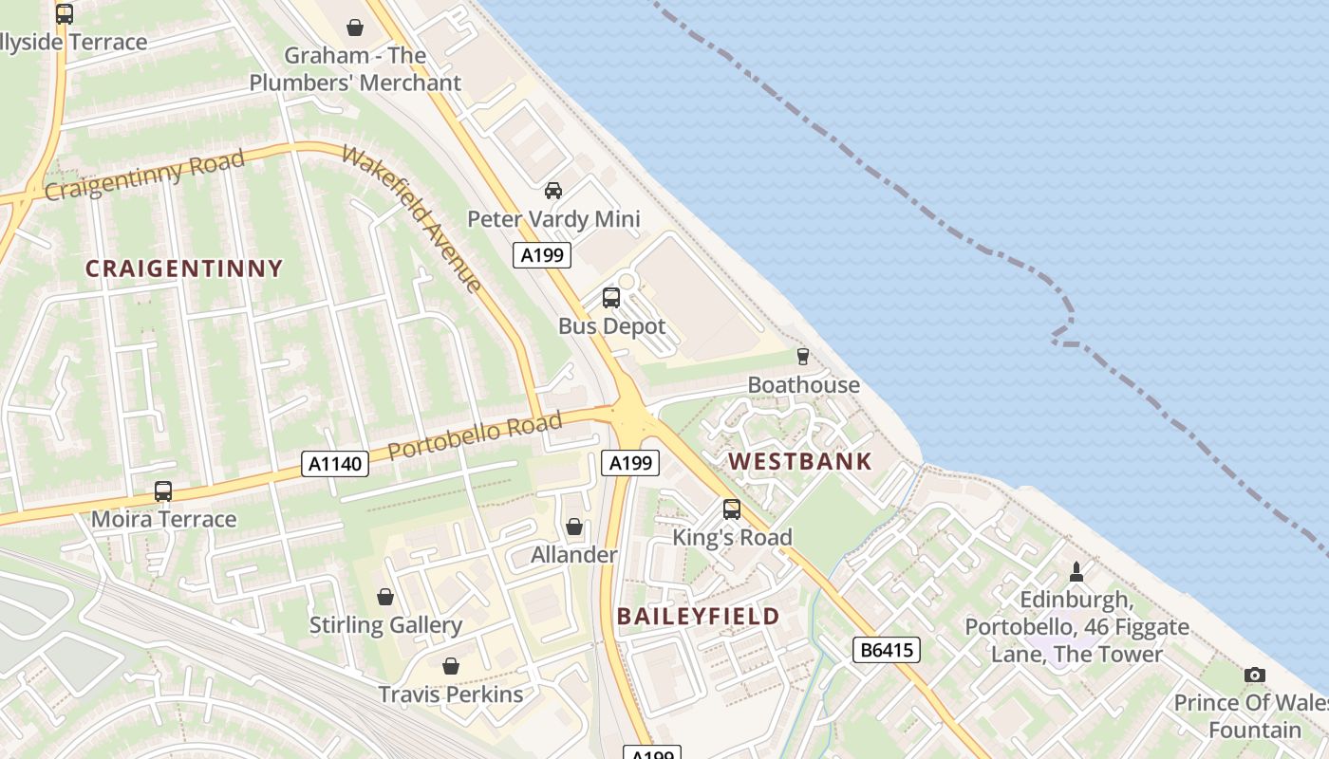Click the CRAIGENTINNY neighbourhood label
184,268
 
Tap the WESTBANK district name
799,462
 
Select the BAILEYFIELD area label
698,616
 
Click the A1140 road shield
334,464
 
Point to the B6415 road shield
887,650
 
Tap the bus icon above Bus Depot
611,298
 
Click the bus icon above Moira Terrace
163,491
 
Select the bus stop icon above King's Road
731,509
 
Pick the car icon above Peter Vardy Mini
553,191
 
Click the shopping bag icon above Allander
573,527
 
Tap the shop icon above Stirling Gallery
385,597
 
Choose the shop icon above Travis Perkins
451,666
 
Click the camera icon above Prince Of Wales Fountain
1255,675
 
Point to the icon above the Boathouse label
803,357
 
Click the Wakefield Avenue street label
412,219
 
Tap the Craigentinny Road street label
144,175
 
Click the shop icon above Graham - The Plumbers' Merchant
355,28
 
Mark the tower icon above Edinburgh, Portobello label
1076,571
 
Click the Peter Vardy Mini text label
553,219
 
